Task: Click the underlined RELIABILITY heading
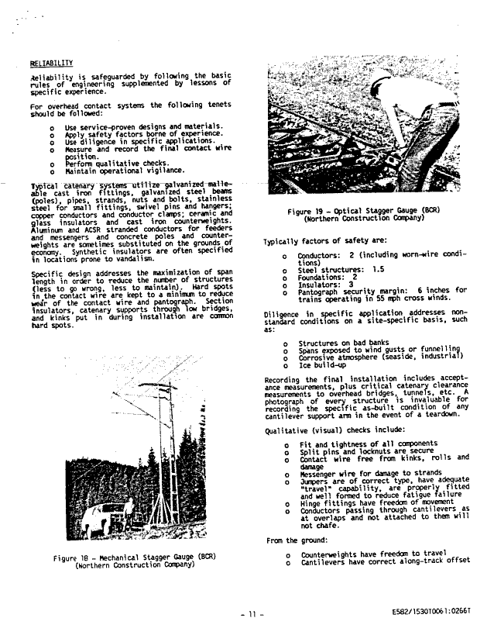[x=51, y=63]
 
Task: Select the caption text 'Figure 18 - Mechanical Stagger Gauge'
[x=134, y=557]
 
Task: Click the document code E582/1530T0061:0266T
[x=431, y=613]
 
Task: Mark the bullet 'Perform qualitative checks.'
[x=117, y=164]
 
